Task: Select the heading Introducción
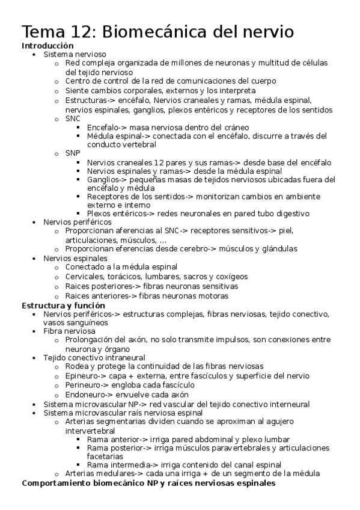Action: click(x=47, y=46)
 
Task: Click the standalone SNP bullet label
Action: click(x=73, y=153)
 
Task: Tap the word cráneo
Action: click(x=236, y=127)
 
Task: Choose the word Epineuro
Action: click(x=83, y=375)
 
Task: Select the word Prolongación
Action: click(x=91, y=340)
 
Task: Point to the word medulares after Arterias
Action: click(x=117, y=474)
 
